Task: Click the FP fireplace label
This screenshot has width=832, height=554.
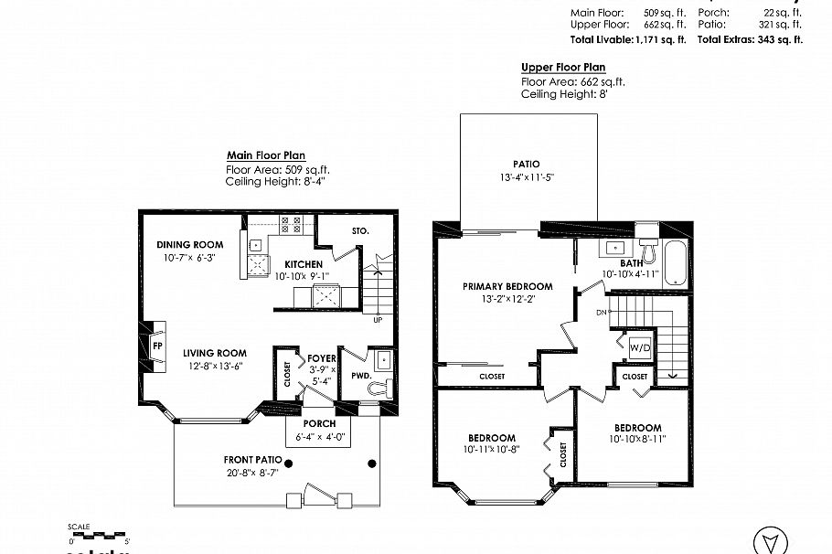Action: point(156,346)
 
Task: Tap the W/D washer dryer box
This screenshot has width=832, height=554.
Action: point(639,347)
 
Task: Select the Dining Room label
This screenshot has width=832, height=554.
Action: point(189,244)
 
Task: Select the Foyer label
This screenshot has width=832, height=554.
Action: point(321,358)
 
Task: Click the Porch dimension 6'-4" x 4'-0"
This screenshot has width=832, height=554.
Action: point(319,437)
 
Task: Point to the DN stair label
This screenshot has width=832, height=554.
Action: point(600,313)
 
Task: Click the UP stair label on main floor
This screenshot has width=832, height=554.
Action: point(378,320)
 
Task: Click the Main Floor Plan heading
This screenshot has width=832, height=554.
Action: point(266,156)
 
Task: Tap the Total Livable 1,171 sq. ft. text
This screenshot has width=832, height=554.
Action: point(627,39)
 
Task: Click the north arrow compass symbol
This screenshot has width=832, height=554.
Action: point(770,540)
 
